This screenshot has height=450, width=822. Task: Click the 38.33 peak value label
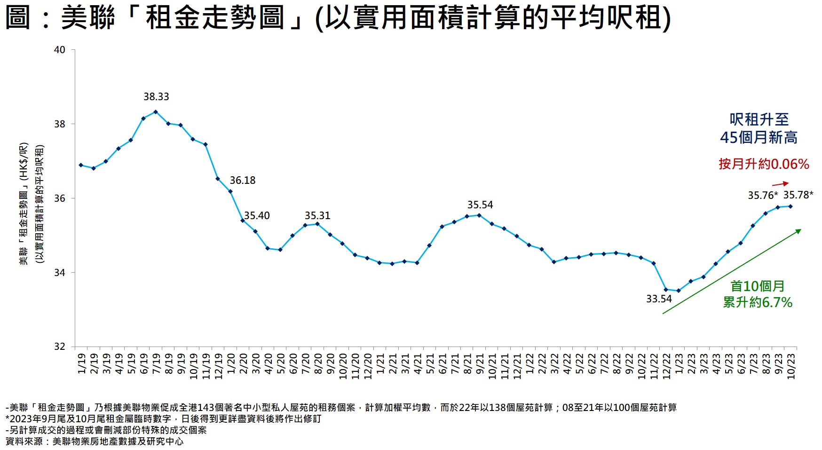[x=156, y=97]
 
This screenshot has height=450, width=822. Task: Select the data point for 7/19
[x=156, y=112]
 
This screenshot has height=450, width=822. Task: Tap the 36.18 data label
[x=243, y=181]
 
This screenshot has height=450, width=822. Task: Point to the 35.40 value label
[x=257, y=216]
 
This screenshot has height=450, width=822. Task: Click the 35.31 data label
[x=317, y=216]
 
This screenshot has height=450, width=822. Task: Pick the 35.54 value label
[x=480, y=205]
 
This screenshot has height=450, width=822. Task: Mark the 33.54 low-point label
[x=659, y=299]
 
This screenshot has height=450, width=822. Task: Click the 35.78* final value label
[x=798, y=195]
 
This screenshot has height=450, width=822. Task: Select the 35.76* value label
[x=763, y=196]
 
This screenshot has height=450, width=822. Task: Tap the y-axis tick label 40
[x=60, y=50]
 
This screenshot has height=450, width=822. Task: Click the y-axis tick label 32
[x=60, y=347]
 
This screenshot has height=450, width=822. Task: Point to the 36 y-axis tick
[x=60, y=198]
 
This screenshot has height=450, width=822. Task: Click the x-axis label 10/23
[x=791, y=366]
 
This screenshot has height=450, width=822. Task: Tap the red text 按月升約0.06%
[x=764, y=164]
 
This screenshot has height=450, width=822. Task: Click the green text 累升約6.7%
[x=758, y=302]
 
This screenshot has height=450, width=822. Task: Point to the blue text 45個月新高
[x=759, y=138]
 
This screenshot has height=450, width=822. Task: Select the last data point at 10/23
[x=790, y=206]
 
